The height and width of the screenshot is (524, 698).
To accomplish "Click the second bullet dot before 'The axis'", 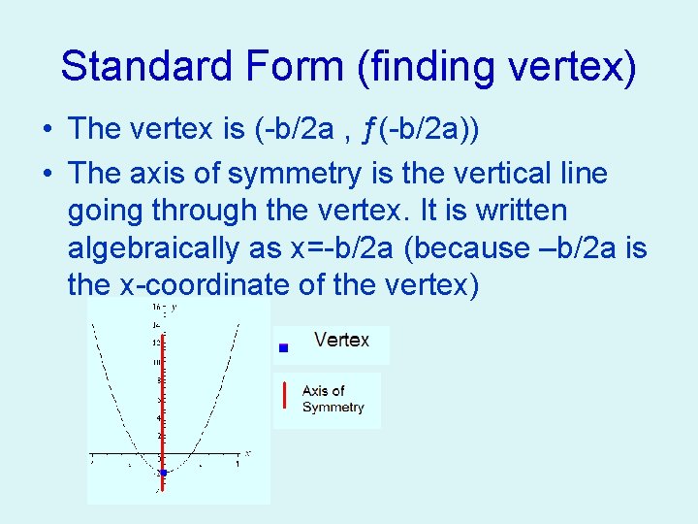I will (x=47, y=175).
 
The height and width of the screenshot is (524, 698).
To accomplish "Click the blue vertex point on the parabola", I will (x=164, y=473).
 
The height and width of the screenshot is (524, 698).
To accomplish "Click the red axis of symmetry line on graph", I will (x=162, y=408).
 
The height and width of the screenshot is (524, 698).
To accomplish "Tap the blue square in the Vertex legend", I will (x=283, y=346).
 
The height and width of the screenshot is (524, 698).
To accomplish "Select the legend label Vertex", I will (x=341, y=341).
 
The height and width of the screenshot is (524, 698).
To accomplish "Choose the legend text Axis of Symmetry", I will (x=333, y=399).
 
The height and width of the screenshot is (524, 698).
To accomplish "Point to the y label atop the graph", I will (x=174, y=307).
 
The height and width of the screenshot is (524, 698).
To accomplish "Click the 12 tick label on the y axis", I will (x=155, y=343).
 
